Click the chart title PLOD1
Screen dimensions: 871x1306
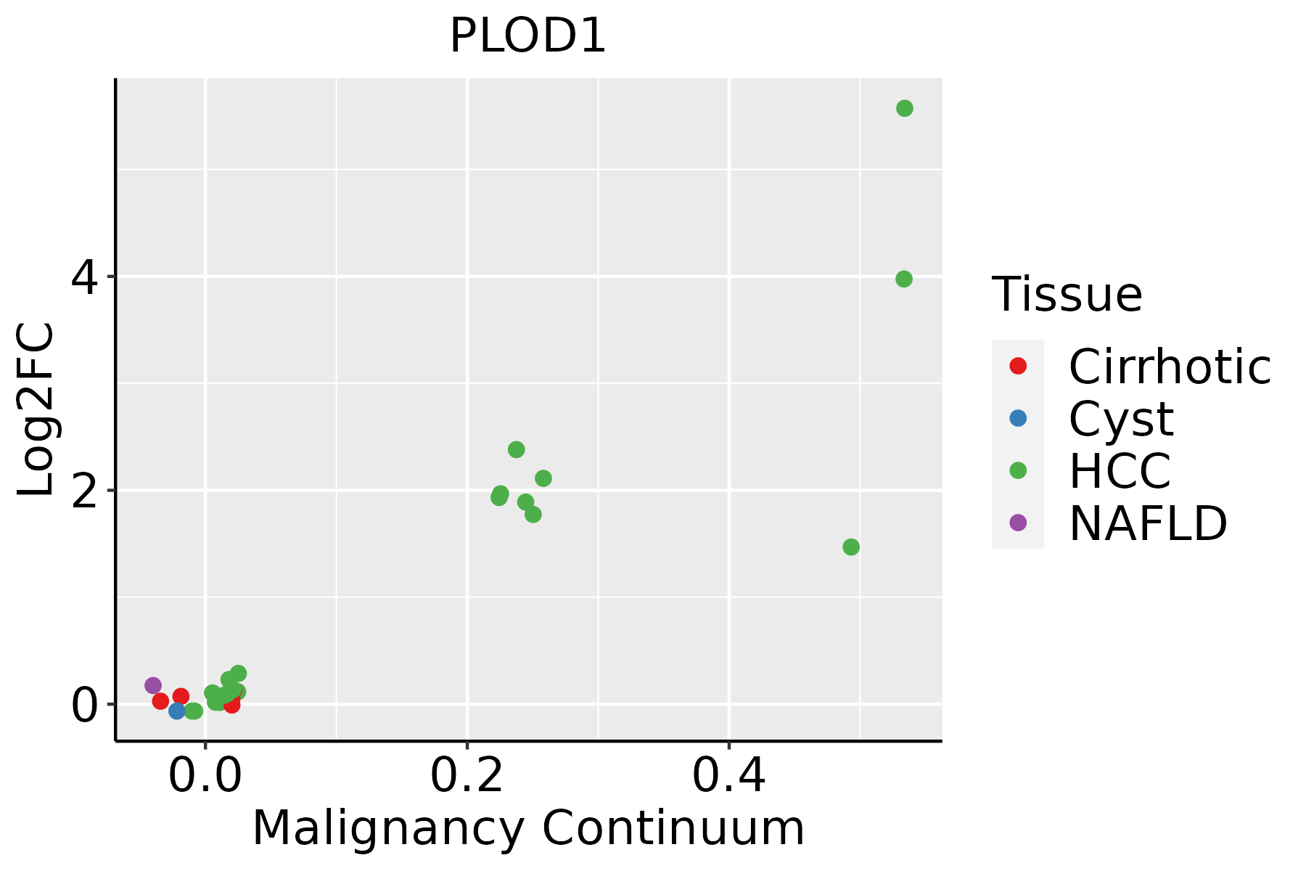pyautogui.click(x=527, y=36)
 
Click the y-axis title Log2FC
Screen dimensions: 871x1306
pyautogui.click(x=36, y=410)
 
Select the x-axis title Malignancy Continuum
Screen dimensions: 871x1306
pyautogui.click(x=527, y=828)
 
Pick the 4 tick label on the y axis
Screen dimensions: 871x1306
pyautogui.click(x=84, y=277)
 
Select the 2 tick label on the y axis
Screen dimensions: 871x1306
pyautogui.click(x=84, y=491)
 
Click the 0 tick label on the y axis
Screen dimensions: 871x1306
pyautogui.click(x=84, y=705)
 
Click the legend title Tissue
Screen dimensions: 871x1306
pyautogui.click(x=1067, y=295)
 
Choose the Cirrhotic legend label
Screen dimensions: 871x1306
pyautogui.click(x=1169, y=367)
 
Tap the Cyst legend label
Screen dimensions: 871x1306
pyautogui.click(x=1120, y=419)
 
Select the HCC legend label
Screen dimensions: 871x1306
pyautogui.click(x=1120, y=471)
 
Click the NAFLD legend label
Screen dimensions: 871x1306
pyautogui.click(x=1148, y=523)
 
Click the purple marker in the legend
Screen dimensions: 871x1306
pyautogui.click(x=1018, y=523)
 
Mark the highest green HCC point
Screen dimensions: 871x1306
pyautogui.click(x=904, y=108)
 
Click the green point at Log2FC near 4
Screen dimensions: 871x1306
pyautogui.click(x=903, y=279)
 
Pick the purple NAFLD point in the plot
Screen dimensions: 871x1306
pyautogui.click(x=153, y=685)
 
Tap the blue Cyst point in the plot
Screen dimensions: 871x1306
pyautogui.click(x=177, y=711)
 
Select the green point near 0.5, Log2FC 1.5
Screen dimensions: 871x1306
pyautogui.click(x=851, y=547)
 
